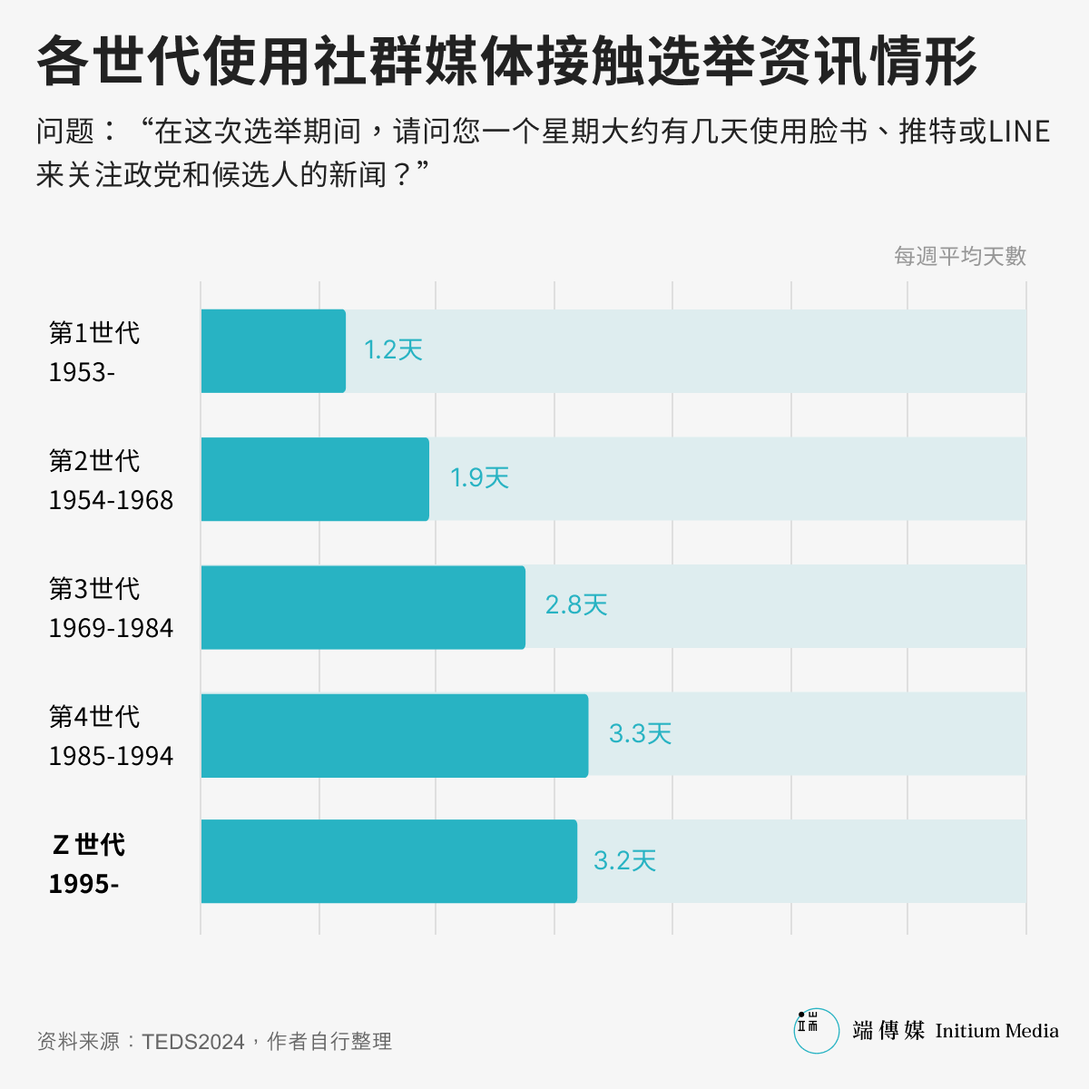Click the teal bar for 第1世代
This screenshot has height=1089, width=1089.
pyautogui.click(x=272, y=351)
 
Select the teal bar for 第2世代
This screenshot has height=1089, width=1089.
pyautogui.click(x=314, y=479)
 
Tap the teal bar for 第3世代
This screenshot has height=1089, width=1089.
pyautogui.click(x=362, y=607)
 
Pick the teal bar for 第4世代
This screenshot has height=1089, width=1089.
pyautogui.click(x=394, y=735)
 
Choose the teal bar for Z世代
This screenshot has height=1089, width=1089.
pyautogui.click(x=388, y=861)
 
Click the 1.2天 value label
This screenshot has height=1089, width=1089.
pyautogui.click(x=393, y=350)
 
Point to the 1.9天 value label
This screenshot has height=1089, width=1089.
pyautogui.click(x=479, y=478)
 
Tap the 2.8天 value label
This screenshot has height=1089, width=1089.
pyautogui.click(x=575, y=605)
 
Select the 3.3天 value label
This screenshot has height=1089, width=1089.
pyautogui.click(x=640, y=733)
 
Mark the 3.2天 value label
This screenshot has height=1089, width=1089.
pyautogui.click(x=624, y=860)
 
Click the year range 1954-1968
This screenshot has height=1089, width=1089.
pyautogui.click(x=111, y=500)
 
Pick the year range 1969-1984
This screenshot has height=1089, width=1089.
pyautogui.click(x=111, y=628)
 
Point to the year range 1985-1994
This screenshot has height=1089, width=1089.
pyautogui.click(x=111, y=756)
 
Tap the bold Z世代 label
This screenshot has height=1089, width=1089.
pyautogui.click(x=88, y=845)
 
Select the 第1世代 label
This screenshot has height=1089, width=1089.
pyautogui.click(x=94, y=333)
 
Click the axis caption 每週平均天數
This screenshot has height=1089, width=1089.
pyautogui.click(x=959, y=257)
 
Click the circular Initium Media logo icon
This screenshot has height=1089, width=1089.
pyautogui.click(x=816, y=1030)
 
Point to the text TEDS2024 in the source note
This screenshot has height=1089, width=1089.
pyautogui.click(x=193, y=1042)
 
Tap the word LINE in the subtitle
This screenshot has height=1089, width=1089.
pyautogui.click(x=1018, y=132)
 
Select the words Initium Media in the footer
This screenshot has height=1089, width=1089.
pyautogui.click(x=996, y=1031)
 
